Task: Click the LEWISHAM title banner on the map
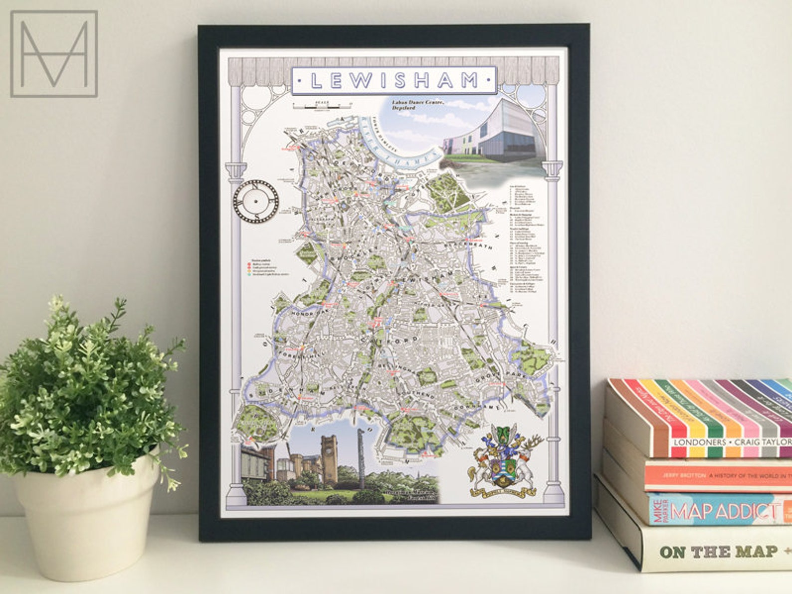(x=394, y=80)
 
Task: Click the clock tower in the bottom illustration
(x=329, y=459)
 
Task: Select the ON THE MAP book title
(x=718, y=551)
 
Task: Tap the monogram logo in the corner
(x=54, y=54)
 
